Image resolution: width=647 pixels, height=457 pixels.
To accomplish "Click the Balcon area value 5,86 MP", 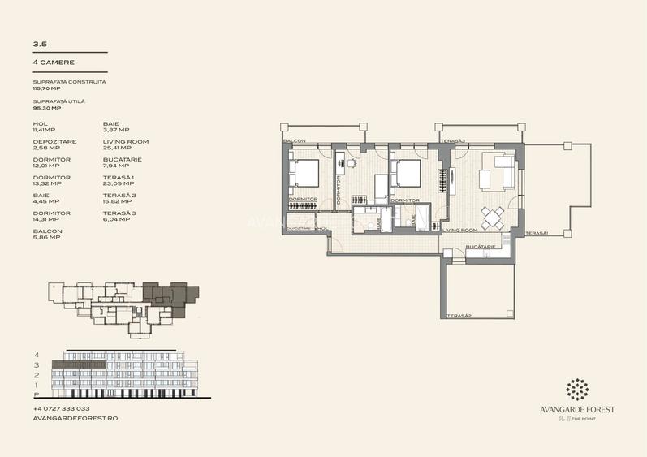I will [47, 238].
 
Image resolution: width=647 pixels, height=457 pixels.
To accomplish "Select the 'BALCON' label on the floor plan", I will [294, 141].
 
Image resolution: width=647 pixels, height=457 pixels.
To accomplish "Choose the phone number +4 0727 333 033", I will [62, 408].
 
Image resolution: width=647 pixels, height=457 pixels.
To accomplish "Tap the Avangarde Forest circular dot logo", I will [579, 389].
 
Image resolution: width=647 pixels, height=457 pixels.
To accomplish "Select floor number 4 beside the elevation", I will [37, 356].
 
